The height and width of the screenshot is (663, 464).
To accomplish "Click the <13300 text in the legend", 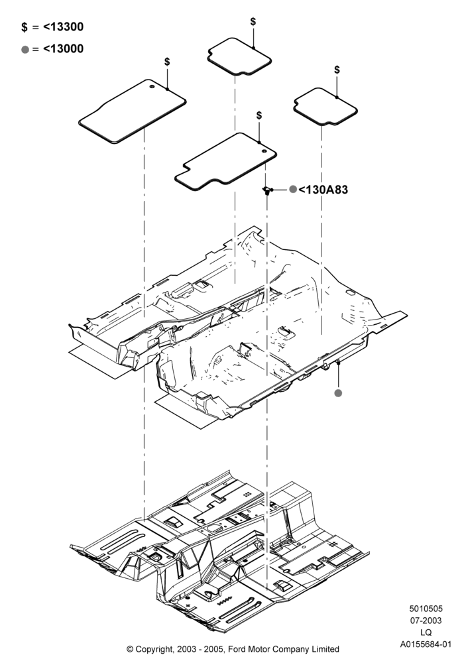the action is [64, 27].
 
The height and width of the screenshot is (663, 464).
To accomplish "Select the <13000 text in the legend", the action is [64, 49].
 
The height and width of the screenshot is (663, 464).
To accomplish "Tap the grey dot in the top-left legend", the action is [25, 50].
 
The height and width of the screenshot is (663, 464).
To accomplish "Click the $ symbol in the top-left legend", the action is [25, 27].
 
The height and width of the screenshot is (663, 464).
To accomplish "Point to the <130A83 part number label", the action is [323, 190].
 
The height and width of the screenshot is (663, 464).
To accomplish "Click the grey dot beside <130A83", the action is [293, 190].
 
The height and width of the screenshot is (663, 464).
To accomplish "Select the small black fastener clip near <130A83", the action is [267, 191].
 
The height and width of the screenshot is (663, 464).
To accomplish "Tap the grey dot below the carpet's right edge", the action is [338, 393].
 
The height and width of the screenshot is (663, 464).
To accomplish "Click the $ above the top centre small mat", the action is [253, 22].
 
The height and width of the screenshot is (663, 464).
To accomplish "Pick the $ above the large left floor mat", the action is [167, 62].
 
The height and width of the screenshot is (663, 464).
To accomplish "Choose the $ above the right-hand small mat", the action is [337, 70].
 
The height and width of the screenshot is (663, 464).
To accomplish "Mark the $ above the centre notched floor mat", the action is [259, 115].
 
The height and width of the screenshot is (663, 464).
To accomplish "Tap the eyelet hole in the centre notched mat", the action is [264, 151].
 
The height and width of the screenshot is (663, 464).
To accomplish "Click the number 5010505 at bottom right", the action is [426, 609].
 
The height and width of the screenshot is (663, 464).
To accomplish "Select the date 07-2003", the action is [426, 621].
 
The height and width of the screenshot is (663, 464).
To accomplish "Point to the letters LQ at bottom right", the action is [426, 633].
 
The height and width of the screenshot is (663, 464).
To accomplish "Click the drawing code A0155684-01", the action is [426, 644].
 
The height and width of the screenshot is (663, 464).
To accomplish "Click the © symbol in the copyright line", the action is [130, 649].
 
